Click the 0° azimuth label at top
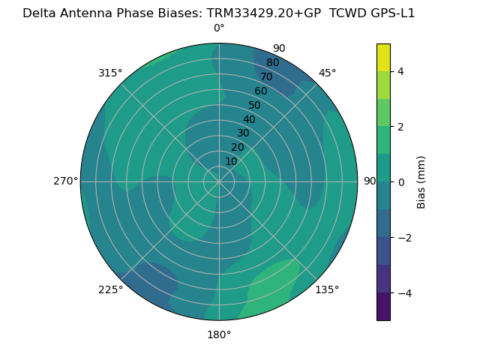pos(219,28)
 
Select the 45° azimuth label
pos(328,73)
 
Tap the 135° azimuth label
pos(327,289)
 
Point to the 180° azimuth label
pos(219,334)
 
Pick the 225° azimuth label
pos(110,289)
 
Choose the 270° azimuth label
pos(65,181)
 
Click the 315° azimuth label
pos(110,73)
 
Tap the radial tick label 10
pos(231,161)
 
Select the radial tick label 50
pos(255,106)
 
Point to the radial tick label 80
pos(273,63)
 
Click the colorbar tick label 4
pos(400,71)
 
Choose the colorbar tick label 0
pos(400,181)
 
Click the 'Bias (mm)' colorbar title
pos(421,181)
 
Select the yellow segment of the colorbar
pos(383,57)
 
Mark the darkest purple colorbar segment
pos(383,306)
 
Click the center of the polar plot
pos(219,181)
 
